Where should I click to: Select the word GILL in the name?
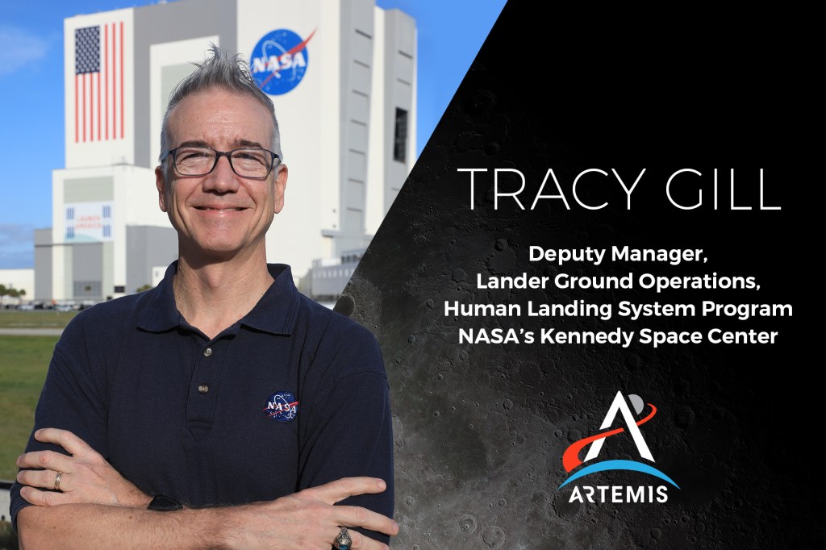click(x=724, y=189)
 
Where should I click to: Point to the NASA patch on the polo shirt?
click(x=282, y=406)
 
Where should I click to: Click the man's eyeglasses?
click(x=221, y=161)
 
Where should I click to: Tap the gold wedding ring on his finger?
click(x=57, y=481)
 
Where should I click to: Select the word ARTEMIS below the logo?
click(x=619, y=494)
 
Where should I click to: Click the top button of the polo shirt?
click(x=208, y=352)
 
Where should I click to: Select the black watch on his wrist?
click(x=165, y=503)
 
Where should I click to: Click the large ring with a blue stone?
click(x=342, y=539)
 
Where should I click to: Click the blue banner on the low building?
click(x=89, y=222)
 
